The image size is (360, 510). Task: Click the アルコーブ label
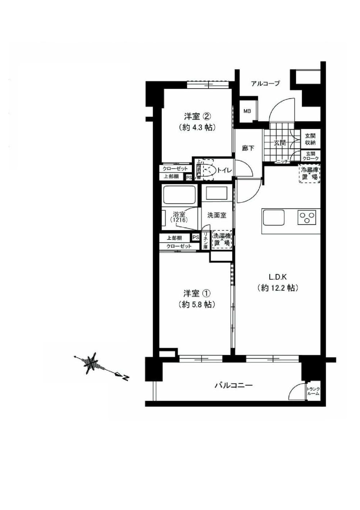click(x=265, y=83)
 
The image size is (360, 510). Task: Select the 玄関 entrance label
click(x=280, y=143)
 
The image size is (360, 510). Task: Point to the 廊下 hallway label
click(x=248, y=148)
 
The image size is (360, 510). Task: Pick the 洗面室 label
click(x=217, y=215)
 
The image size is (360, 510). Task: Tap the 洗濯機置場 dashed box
click(x=222, y=240)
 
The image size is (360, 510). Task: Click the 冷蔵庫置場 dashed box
click(x=310, y=174)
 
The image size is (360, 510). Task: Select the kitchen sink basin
click(x=274, y=218)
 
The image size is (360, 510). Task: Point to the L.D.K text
click(x=277, y=277)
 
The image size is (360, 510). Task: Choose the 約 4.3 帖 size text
click(x=197, y=127)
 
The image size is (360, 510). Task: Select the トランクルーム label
click(x=313, y=391)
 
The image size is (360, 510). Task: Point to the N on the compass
click(x=126, y=378)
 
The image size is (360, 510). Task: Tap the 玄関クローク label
click(x=310, y=156)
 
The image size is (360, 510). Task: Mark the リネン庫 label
click(x=206, y=241)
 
